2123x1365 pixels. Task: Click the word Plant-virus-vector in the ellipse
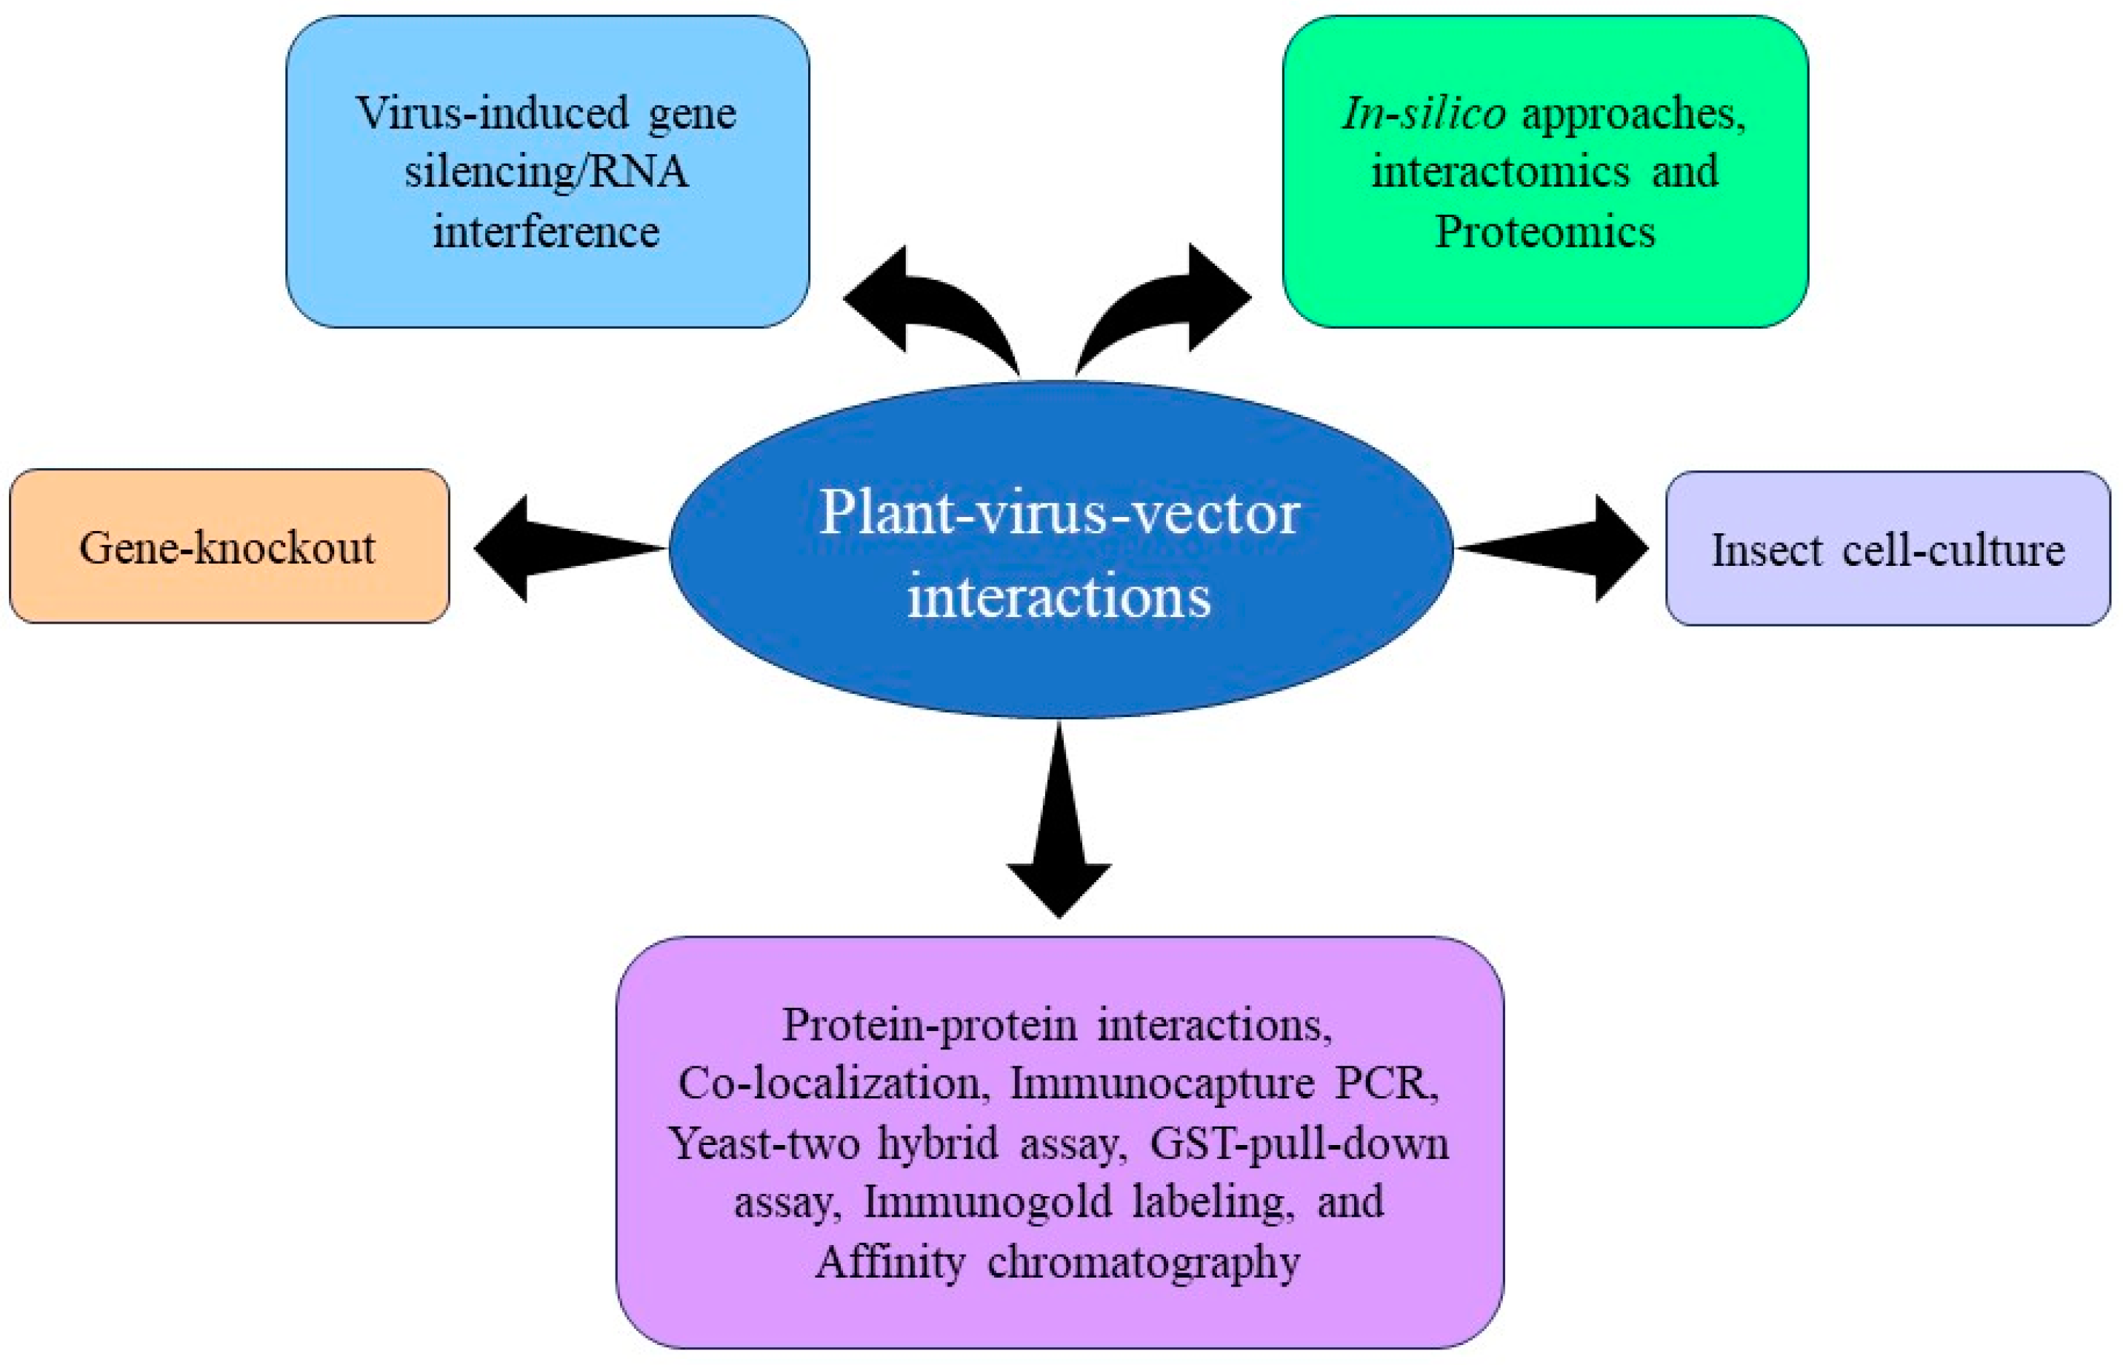[1059, 513]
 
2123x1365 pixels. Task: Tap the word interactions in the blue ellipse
[1059, 596]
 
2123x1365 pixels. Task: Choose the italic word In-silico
[1423, 113]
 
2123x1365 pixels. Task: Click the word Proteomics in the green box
[1544, 233]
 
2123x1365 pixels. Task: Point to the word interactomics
[1500, 171]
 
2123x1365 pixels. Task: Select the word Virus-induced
[492, 113]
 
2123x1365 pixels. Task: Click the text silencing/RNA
[546, 171]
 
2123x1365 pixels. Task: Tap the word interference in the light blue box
[546, 233]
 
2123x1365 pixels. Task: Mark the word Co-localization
[833, 1083]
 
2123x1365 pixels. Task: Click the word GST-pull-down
[1299, 1144]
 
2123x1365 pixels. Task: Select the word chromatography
[1144, 1262]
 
